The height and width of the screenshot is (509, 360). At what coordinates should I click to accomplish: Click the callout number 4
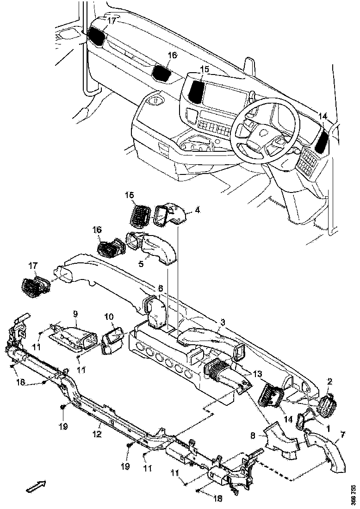197,210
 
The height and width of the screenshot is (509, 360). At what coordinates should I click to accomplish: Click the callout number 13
257,373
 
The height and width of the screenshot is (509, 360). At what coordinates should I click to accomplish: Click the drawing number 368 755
354,495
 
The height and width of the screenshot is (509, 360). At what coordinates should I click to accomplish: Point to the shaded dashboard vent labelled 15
198,92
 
